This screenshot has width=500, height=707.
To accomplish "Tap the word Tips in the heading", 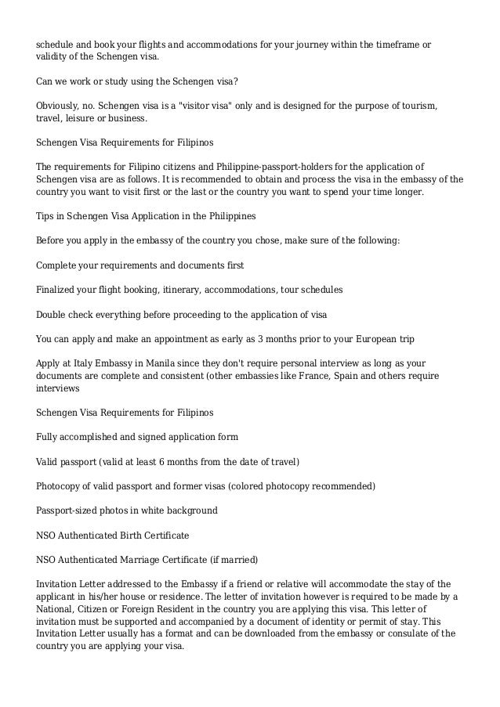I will (46, 215).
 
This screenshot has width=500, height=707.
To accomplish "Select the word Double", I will (53, 314).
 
